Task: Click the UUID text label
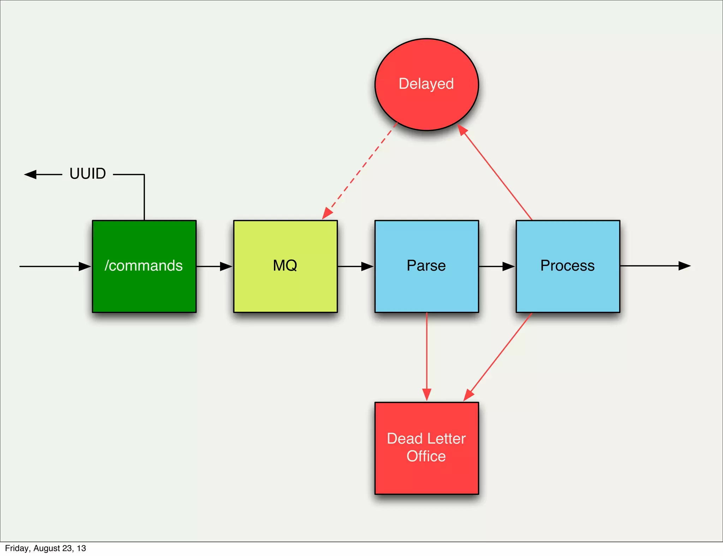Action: (88, 174)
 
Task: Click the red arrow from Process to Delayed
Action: (496, 173)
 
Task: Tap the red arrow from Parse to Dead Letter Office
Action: (427, 356)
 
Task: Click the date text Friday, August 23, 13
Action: (46, 548)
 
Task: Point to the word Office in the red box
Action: (426, 456)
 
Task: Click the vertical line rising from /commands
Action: (144, 198)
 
